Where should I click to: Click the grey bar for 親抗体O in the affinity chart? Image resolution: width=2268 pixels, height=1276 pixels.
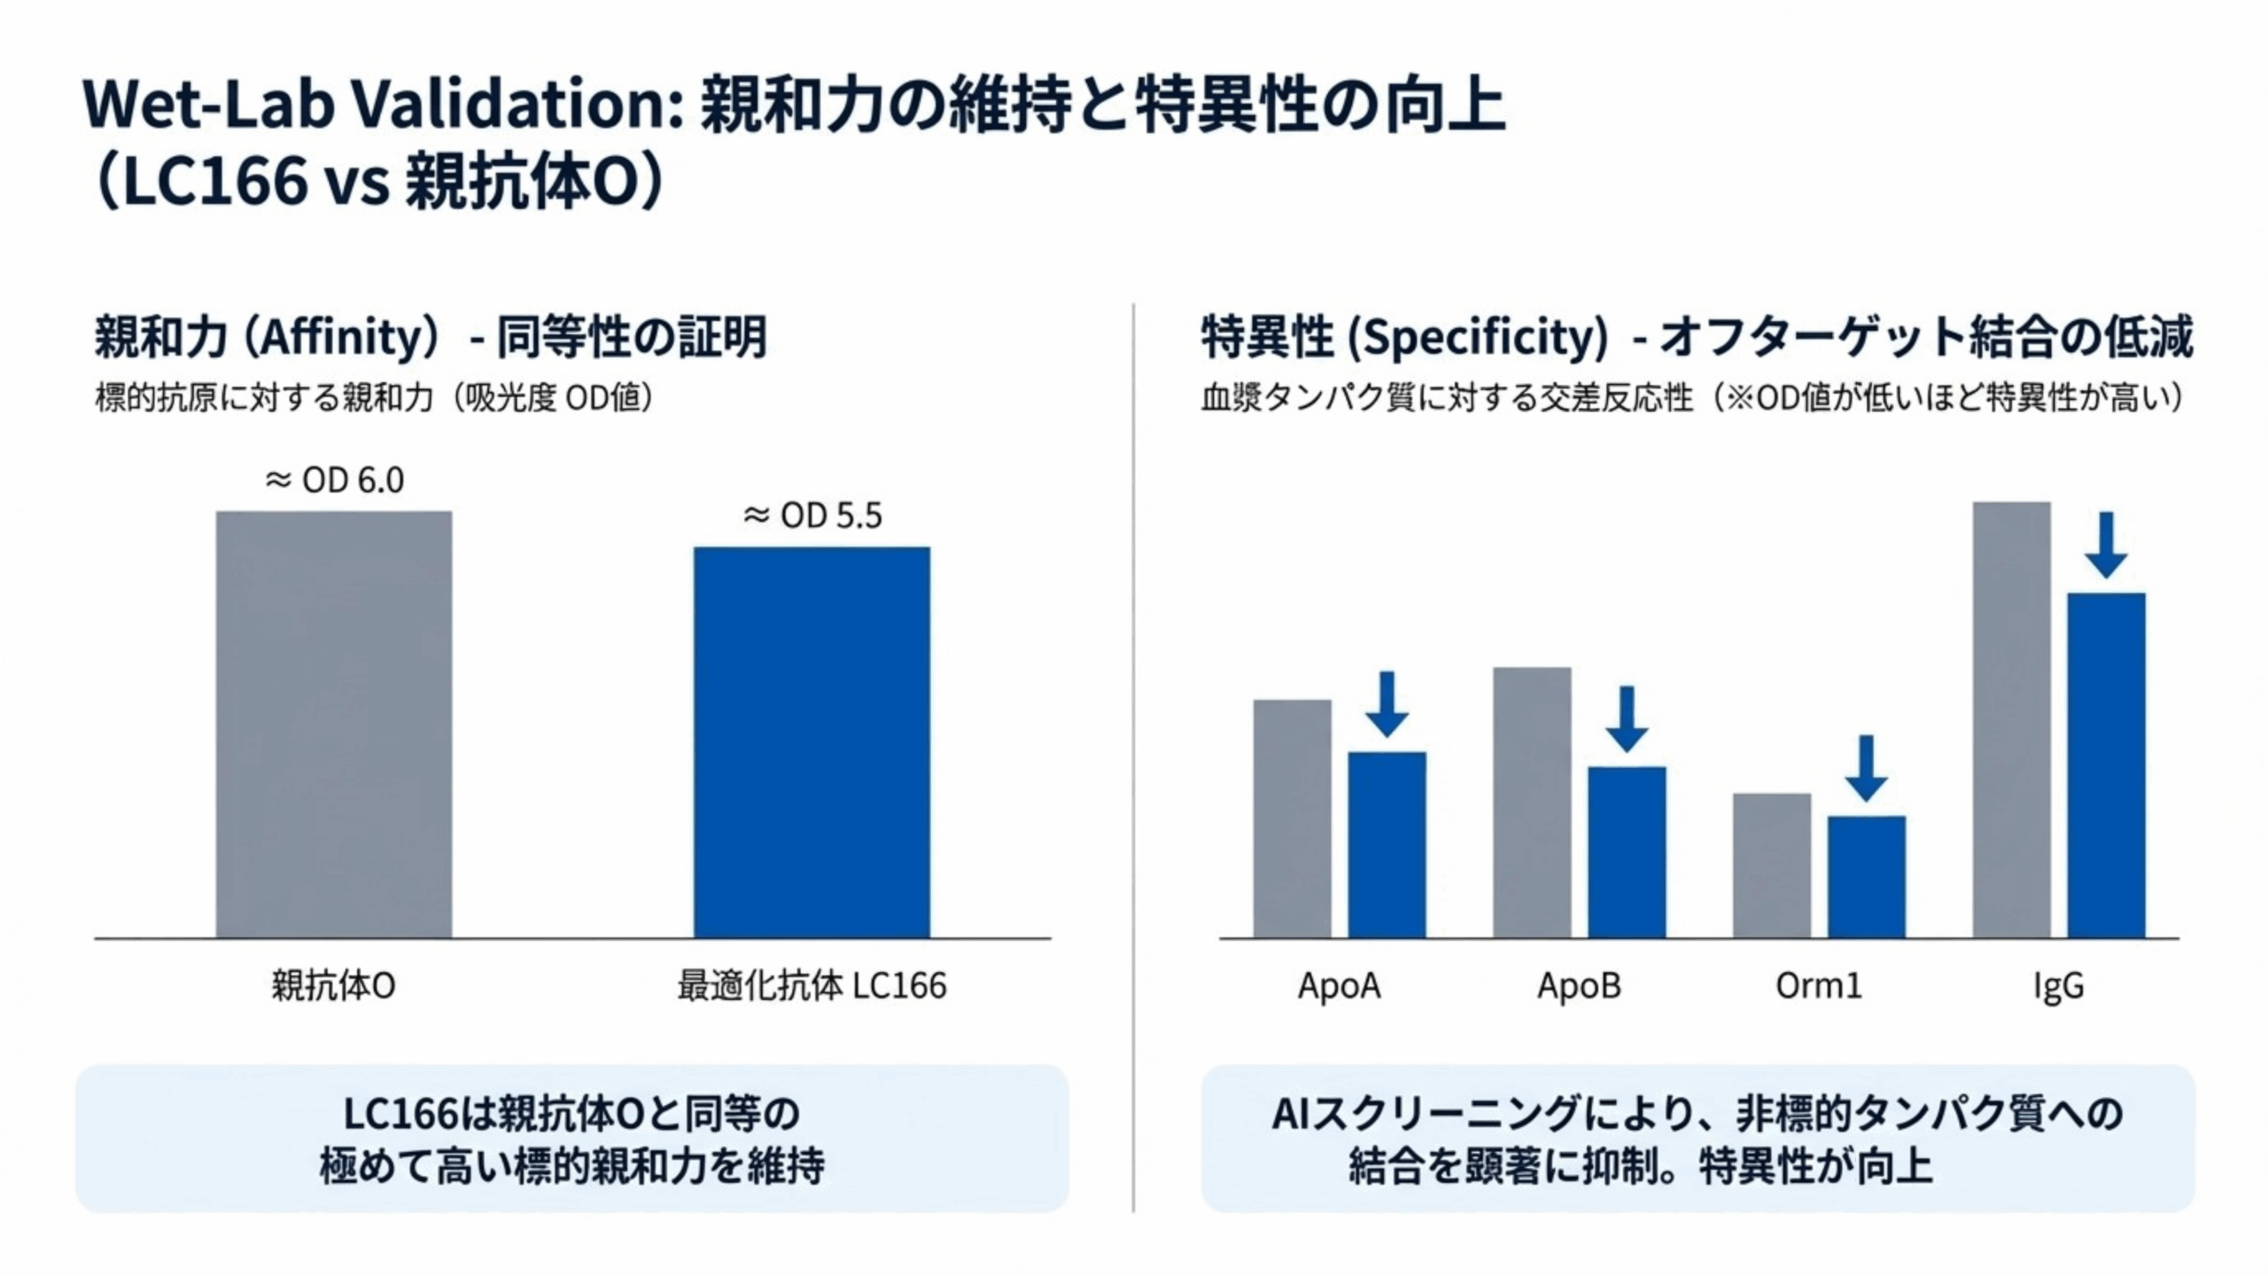334,724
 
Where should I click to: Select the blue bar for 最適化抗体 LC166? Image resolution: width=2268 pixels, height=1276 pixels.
812,742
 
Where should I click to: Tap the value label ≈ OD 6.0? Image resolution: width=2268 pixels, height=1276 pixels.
334,480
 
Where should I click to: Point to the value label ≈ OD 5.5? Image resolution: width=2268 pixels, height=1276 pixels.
812,516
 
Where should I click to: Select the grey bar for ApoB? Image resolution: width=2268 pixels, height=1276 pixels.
1532,802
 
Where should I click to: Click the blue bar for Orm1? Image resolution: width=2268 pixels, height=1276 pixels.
1866,876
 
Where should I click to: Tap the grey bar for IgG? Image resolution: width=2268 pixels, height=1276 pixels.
2011,720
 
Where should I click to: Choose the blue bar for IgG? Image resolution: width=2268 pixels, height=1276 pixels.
2106,765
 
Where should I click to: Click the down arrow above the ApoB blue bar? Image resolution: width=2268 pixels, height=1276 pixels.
1627,719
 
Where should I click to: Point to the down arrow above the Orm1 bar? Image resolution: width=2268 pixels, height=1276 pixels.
1866,767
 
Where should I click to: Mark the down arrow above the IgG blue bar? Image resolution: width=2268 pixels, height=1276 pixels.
2106,544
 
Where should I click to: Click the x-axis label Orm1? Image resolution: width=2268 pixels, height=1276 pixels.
1818,985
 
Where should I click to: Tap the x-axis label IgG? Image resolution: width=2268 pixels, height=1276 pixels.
2058,985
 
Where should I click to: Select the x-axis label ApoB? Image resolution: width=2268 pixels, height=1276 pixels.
1579,985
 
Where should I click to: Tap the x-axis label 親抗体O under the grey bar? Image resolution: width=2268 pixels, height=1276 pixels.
333,985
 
